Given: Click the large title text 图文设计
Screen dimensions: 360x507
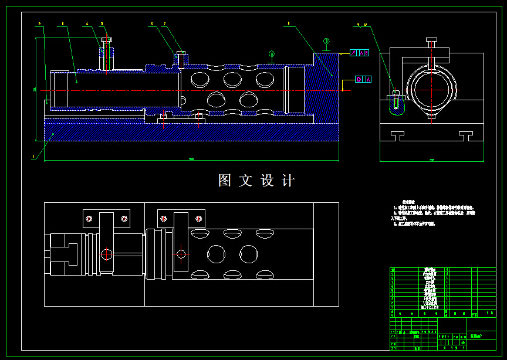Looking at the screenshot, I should [x=256, y=181].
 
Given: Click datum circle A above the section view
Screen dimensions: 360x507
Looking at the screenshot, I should [x=272, y=54].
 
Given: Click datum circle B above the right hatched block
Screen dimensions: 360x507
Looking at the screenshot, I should [x=326, y=41].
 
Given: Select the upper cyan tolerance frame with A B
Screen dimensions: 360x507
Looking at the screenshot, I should [x=360, y=53].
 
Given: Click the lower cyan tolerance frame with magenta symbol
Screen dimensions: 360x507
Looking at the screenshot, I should [x=363, y=79].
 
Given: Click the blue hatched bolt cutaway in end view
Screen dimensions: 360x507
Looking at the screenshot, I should [x=397, y=104].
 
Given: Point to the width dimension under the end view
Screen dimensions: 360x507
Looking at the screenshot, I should [x=432, y=159].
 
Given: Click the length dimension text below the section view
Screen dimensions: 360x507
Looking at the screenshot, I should [x=191, y=159].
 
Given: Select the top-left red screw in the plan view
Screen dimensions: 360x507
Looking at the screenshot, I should [x=89, y=219].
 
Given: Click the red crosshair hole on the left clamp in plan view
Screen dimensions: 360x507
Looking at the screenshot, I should [x=181, y=254].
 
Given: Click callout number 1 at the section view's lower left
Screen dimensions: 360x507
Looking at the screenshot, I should [x=33, y=157].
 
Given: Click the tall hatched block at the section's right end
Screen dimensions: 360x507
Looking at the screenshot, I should [x=326, y=88].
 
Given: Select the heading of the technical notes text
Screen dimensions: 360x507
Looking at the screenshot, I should [x=407, y=201].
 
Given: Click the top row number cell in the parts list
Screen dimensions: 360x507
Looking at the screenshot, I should [x=393, y=270].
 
